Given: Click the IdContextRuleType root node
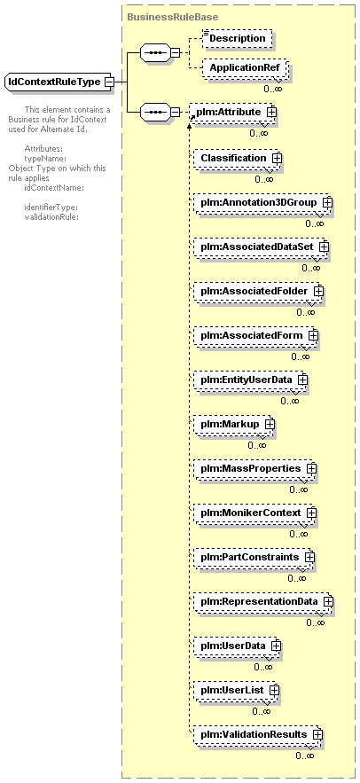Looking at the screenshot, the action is (x=59, y=82).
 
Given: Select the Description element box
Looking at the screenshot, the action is (x=238, y=38).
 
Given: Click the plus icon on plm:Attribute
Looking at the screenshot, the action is (x=271, y=113).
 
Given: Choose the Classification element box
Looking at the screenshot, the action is (x=237, y=159).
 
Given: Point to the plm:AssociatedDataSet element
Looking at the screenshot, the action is (x=260, y=247).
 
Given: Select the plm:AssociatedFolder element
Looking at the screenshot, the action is (x=258, y=291).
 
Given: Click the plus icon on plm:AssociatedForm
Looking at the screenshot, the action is (x=313, y=335).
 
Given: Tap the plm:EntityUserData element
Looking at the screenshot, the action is (x=250, y=380).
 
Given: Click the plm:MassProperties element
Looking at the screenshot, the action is (x=254, y=468).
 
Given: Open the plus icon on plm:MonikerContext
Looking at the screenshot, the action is (x=311, y=513).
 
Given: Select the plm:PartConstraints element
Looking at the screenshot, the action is (x=254, y=557).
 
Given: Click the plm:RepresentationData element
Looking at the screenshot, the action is (x=263, y=601).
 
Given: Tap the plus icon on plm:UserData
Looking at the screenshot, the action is (x=276, y=646).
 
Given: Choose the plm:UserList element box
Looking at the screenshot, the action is (x=236, y=690).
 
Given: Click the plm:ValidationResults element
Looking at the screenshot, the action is (x=258, y=734).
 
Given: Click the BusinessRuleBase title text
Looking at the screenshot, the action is (x=172, y=17).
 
